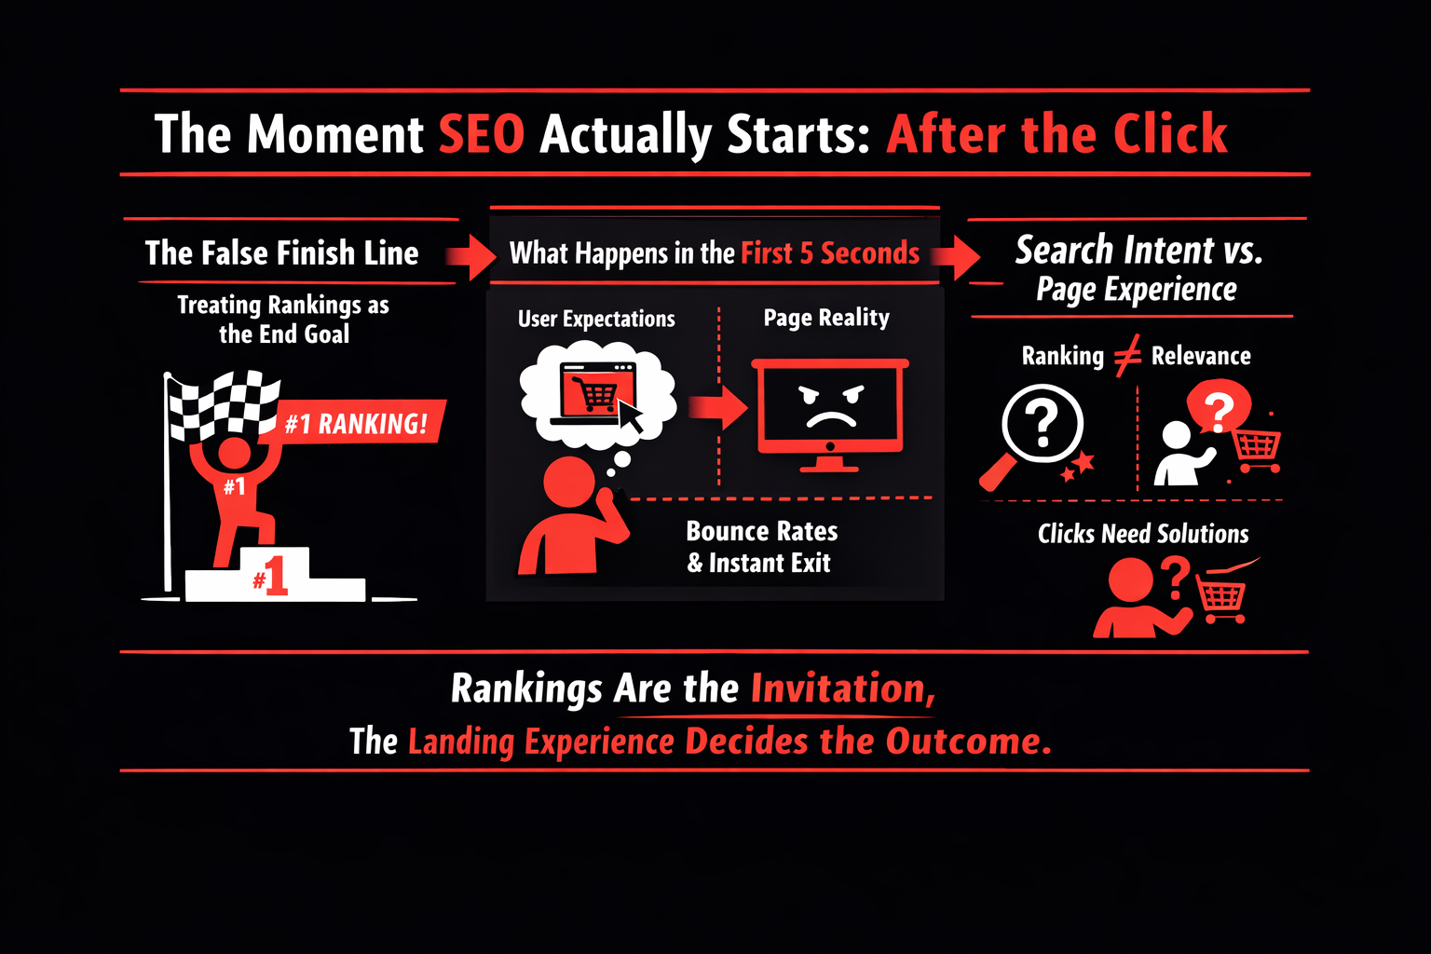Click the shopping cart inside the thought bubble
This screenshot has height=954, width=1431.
point(594,392)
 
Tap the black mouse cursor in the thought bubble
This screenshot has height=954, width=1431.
point(631,416)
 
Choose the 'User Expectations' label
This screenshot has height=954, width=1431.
point(596,319)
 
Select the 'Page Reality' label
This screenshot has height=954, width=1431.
point(826,317)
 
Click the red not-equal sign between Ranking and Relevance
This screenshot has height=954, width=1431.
point(1127,355)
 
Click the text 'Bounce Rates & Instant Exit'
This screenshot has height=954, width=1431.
point(761,547)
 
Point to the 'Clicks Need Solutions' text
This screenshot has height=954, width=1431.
point(1143,534)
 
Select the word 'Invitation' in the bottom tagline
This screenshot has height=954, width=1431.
point(843,688)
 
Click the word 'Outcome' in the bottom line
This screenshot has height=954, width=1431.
point(969,742)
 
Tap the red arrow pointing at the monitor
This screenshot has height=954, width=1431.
point(718,406)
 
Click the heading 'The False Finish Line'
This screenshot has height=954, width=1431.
point(281,252)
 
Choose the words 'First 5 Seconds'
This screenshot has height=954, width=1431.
point(830,253)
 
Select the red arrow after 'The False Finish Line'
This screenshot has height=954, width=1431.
point(470,257)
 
